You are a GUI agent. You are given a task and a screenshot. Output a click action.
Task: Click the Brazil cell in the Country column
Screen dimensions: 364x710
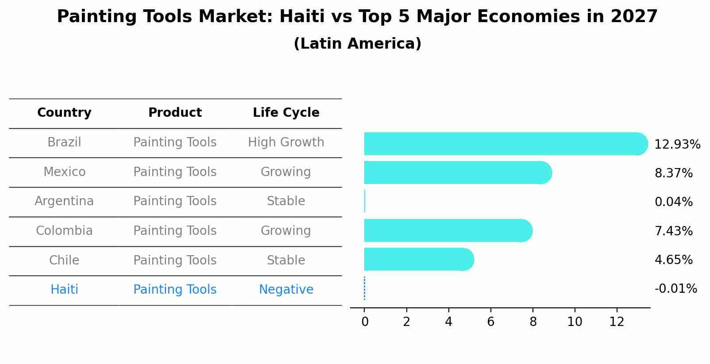pos(64,142)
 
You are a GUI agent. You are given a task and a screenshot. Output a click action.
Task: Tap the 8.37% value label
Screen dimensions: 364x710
pos(673,173)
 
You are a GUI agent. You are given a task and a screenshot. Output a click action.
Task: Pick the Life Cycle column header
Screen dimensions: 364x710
pos(286,113)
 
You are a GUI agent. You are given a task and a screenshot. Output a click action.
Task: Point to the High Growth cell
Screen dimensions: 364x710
pos(286,142)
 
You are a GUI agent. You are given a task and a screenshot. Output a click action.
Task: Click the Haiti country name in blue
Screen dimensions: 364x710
pos(64,290)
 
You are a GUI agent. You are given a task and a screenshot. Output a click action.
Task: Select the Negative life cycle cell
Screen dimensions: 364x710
pos(286,290)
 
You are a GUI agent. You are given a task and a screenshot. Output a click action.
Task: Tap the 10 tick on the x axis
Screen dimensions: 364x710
pos(575,322)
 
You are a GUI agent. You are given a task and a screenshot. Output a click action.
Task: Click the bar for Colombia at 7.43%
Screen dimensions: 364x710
pos(447,230)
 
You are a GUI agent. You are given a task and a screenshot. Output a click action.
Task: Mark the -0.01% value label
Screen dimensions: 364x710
pos(675,289)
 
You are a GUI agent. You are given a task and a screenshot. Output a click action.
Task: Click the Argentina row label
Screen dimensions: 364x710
pos(64,201)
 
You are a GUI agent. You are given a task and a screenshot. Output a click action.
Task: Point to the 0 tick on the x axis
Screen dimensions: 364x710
pos(365,322)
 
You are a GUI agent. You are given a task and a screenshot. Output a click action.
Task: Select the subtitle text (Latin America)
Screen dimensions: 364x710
pos(357,44)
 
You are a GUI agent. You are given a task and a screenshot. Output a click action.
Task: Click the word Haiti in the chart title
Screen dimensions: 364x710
pos(299,17)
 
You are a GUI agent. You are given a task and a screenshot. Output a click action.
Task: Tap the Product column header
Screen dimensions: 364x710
pos(175,113)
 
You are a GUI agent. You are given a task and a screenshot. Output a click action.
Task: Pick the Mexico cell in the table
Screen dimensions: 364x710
pos(64,172)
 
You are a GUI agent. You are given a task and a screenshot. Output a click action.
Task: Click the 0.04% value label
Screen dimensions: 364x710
pos(673,202)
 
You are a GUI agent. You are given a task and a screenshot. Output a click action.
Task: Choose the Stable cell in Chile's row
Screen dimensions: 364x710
pos(286,260)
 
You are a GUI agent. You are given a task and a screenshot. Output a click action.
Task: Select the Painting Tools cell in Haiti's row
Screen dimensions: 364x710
pos(175,290)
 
